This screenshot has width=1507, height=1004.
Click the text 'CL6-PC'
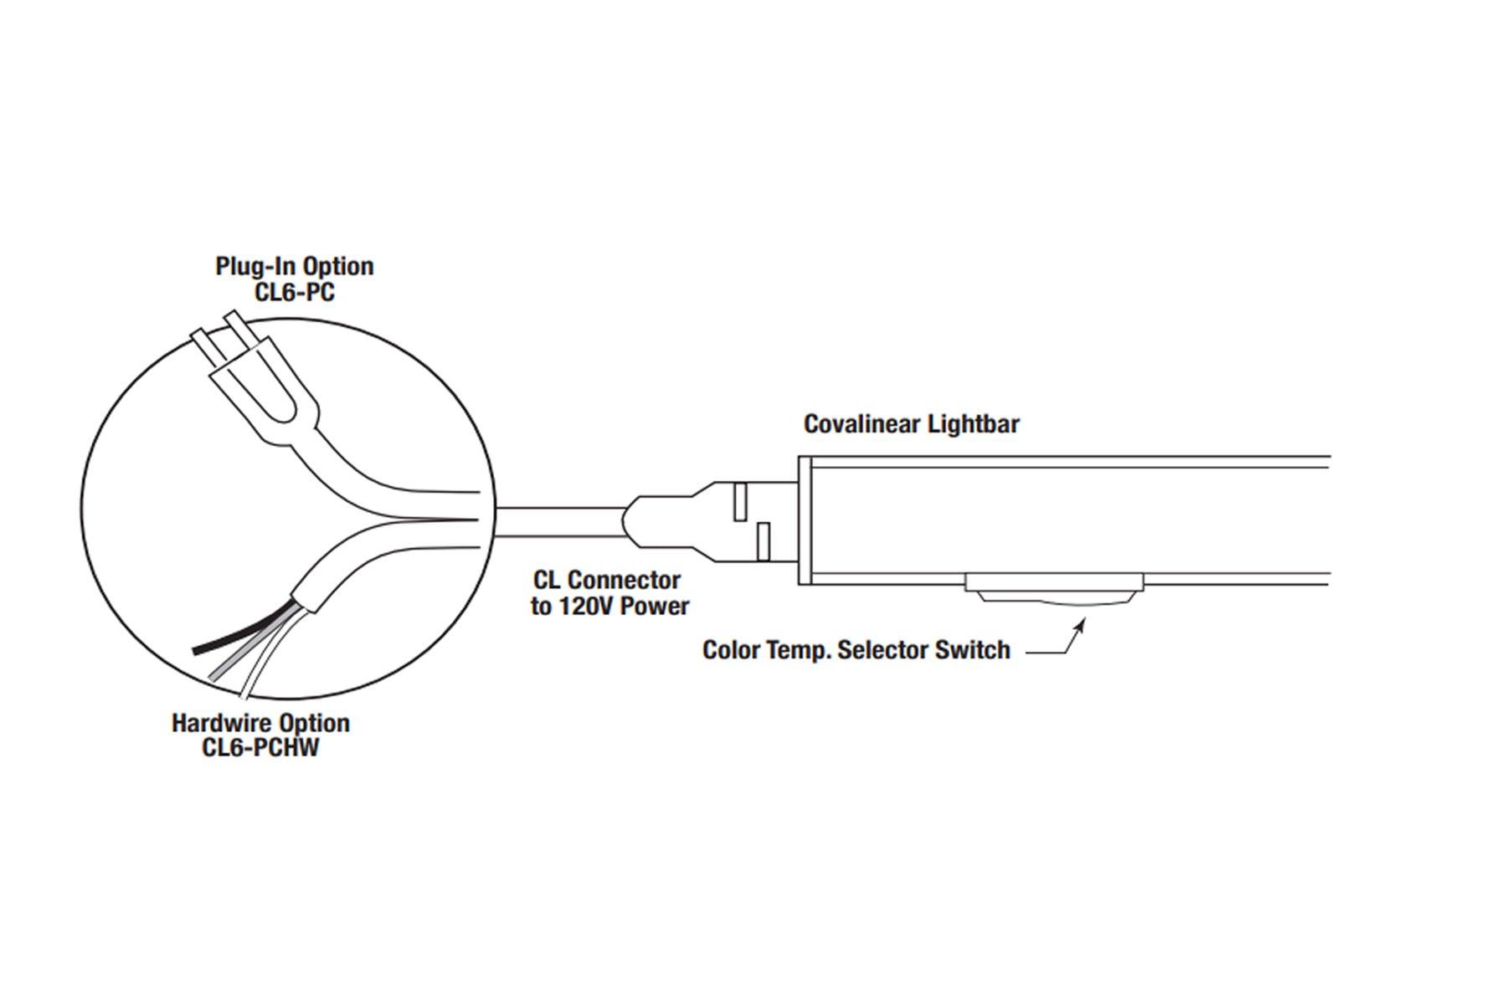click(294, 293)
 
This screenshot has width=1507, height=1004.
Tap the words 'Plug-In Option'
click(294, 266)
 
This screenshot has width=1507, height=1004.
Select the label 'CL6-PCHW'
click(260, 747)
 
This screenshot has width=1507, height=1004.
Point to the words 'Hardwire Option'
click(260, 722)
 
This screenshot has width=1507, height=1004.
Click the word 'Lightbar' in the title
click(974, 424)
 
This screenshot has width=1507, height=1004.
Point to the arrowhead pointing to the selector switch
click(1083, 622)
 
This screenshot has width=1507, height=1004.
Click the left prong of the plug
click(206, 344)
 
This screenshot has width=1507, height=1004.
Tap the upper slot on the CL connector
click(739, 500)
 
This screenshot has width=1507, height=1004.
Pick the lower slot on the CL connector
click(762, 541)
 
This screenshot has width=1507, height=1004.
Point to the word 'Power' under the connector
click(654, 606)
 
